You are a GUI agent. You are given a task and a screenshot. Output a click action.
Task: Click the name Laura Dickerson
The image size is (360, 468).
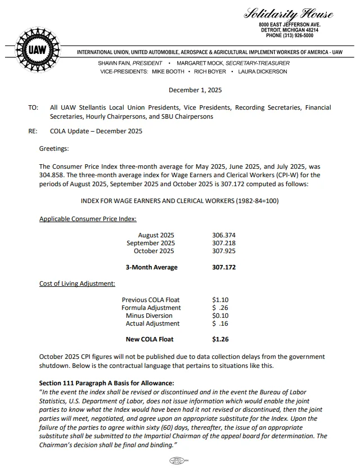coord(263,71)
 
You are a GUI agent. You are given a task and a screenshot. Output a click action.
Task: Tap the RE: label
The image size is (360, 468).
coord(33,132)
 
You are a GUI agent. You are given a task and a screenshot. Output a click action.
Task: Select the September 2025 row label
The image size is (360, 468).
coord(150,243)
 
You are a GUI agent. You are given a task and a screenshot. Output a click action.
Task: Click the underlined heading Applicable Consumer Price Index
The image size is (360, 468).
coord(88,218)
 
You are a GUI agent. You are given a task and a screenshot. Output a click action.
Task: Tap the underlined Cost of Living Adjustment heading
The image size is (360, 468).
coord(77,283)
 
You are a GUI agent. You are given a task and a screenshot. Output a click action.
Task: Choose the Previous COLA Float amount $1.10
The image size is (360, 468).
coord(220,300)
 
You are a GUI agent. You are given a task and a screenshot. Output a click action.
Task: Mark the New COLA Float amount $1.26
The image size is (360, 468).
coord(220,339)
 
